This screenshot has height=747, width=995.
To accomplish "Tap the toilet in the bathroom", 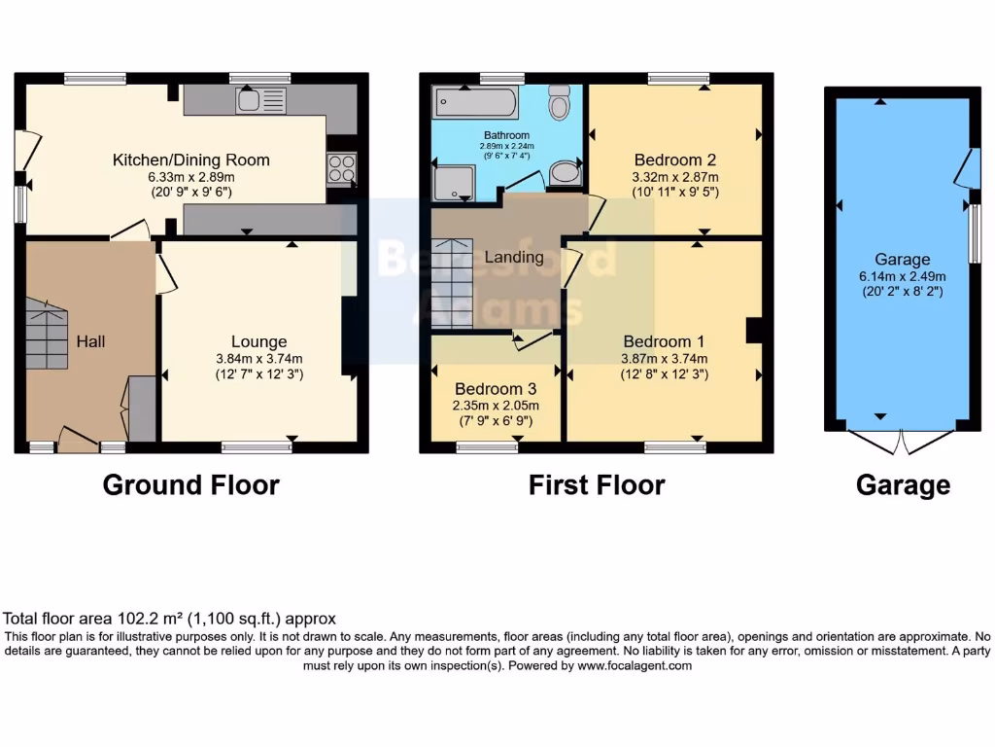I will coord(559,102).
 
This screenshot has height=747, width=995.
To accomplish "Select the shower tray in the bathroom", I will coord(454,183).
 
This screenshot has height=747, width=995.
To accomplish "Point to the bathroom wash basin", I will coord(565,174).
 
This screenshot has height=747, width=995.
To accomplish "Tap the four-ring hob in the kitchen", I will coord(342,168).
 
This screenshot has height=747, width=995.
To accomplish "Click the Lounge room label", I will coord(258,341).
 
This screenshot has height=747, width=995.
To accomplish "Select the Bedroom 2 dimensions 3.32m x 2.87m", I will coord(675,178).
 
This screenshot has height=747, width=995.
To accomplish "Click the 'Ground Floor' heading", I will coord(191,484).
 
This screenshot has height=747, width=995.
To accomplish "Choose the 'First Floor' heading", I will coord(597,484).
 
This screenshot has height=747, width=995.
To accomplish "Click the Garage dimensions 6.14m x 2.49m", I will coord(902,275).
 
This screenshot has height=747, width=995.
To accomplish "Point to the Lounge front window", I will coord(257,447).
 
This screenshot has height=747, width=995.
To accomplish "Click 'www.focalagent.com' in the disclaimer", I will coord(635,666).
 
